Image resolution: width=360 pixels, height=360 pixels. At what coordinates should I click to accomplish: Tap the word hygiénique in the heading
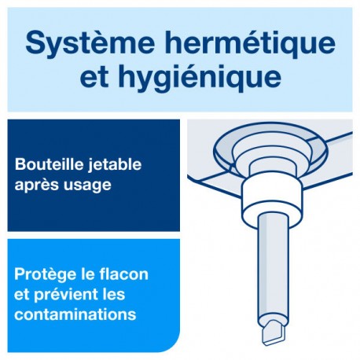pyautogui.click(x=200, y=77)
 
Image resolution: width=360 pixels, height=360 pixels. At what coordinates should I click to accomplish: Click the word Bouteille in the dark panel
pyautogui.click(x=46, y=164)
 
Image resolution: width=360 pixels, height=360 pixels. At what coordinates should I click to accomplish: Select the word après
pyautogui.click(x=37, y=186)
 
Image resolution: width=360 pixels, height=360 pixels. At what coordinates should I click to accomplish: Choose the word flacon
pyautogui.click(x=123, y=274)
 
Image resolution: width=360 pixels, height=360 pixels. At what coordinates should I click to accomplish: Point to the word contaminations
pyautogui.click(x=75, y=314)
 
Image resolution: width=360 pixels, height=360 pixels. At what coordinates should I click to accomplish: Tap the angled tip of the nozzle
pyautogui.click(x=274, y=332)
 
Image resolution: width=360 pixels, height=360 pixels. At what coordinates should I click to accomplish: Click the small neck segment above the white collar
pyautogui.click(x=273, y=169)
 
